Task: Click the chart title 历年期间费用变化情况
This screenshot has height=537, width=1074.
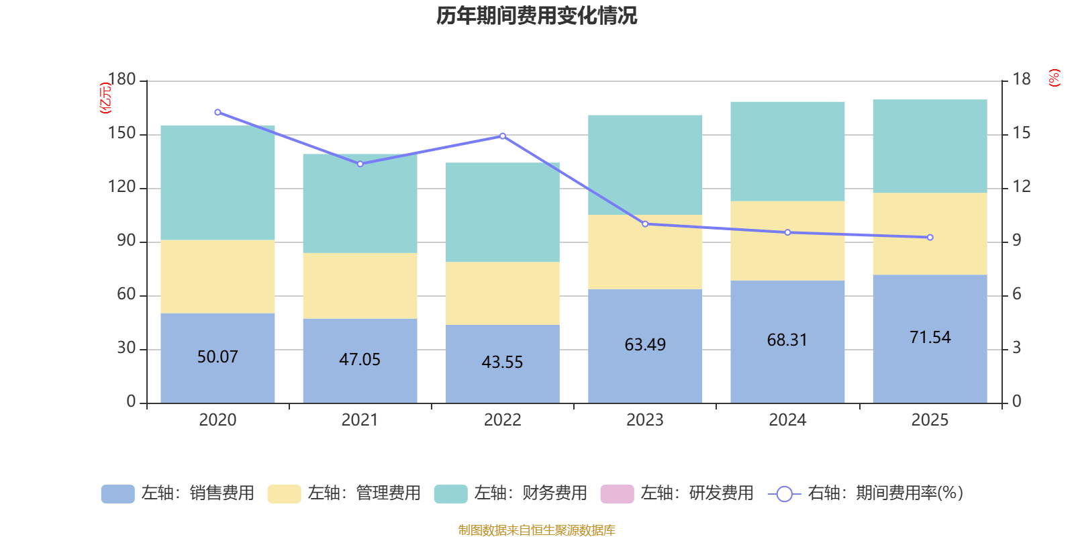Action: pos(536,15)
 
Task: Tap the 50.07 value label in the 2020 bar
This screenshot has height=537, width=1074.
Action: pos(217,356)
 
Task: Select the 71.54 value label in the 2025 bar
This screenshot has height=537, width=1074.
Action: pos(930,337)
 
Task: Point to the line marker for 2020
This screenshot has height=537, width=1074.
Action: pos(217,112)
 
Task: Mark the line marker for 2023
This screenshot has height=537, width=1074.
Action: pos(645,224)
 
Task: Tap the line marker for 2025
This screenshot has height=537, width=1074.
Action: pos(930,237)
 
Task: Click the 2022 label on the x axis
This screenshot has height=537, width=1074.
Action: pos(502,420)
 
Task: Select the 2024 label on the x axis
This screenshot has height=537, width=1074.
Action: pos(787,420)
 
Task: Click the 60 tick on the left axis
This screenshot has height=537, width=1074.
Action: pos(126,295)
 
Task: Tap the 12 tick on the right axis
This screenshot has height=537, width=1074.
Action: pos(1022,187)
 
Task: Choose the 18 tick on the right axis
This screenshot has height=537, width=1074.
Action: pos(1022,79)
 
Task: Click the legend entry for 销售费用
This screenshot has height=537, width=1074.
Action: pos(178,493)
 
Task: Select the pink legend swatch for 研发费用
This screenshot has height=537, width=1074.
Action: pos(617,493)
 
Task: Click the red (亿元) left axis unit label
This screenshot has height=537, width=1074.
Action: pos(105,98)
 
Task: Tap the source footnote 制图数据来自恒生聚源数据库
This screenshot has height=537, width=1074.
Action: pos(536,530)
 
